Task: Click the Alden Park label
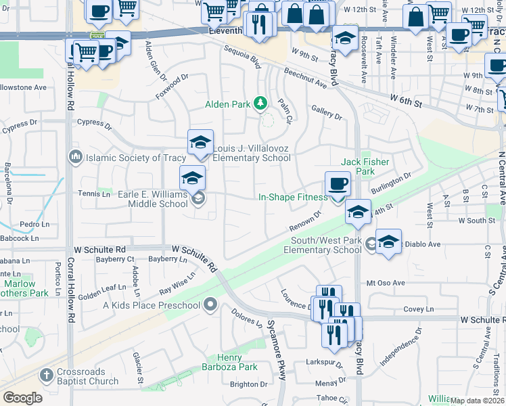tap(229, 104)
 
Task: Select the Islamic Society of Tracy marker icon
tap(74, 158)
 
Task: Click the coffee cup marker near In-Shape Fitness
tap(338, 183)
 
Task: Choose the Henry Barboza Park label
tap(229, 362)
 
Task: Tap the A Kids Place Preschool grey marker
tap(210, 305)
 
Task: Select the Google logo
tap(22, 397)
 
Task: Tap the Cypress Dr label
tap(93, 122)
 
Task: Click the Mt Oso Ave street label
tap(385, 283)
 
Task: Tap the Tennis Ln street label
tap(95, 194)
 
